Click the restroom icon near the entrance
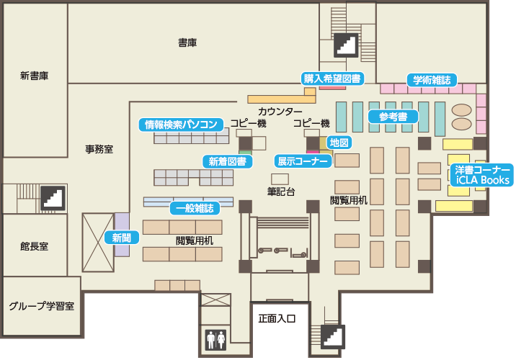coord(216,340)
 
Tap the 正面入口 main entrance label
coord(277,318)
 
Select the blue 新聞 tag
coord(122,238)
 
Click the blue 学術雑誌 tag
coord(432,80)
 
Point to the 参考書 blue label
coord(393,117)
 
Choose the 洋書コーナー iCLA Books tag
coord(482,175)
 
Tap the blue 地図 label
coord(339,143)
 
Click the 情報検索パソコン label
coord(181,125)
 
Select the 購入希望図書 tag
coord(332,78)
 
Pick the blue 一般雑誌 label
coord(195,208)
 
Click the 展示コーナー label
coord(303,161)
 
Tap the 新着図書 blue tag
coord(228,161)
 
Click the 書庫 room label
coord(187,42)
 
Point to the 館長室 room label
coord(34,246)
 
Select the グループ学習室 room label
coord(42,306)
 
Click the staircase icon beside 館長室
coord(53,198)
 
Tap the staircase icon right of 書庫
coord(346,45)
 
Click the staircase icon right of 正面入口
coord(333,337)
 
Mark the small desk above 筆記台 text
coord(280,179)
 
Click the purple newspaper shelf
coord(122,235)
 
